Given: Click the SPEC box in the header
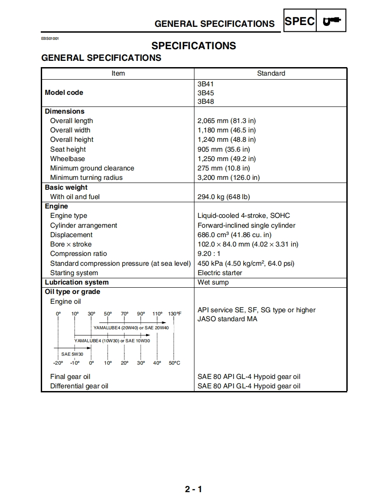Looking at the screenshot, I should [x=300, y=21].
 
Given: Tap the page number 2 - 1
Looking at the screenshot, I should [x=194, y=489].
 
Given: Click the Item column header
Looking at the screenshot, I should [x=118, y=73].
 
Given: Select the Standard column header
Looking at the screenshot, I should [x=271, y=73].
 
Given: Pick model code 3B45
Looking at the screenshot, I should [x=206, y=93].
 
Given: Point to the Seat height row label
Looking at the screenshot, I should [x=68, y=149].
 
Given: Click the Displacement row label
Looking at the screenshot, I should [x=71, y=235].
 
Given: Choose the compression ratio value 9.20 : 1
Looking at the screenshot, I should [x=209, y=254].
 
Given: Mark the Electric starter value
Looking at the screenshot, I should [x=220, y=273].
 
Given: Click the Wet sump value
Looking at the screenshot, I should [x=213, y=282].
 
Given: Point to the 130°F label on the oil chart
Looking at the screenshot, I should [x=175, y=314].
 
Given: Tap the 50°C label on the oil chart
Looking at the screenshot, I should [x=174, y=363].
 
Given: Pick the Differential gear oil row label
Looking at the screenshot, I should [x=79, y=386].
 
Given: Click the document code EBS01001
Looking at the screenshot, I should [x=50, y=38].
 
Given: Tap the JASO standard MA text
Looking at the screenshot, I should [x=227, y=319].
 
